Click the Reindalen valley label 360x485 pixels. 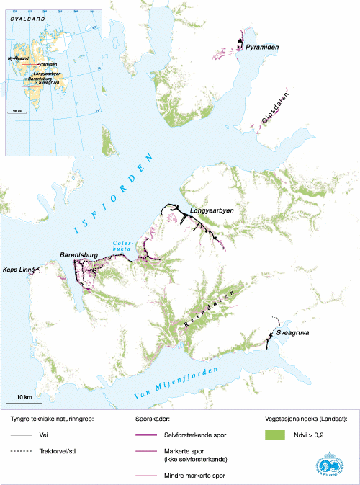click(204, 312)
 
